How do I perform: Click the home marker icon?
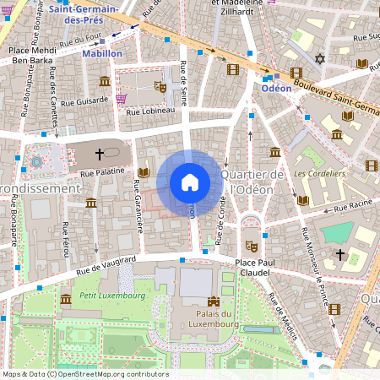190,182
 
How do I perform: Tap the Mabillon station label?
102,53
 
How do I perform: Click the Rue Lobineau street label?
151,109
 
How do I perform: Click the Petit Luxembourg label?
112,296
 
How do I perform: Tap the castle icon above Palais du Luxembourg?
214,300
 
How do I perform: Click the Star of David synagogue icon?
319,59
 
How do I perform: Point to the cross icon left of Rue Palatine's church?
100,154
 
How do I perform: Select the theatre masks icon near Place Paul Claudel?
250,245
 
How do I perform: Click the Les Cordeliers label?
320,173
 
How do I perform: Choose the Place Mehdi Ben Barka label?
31,55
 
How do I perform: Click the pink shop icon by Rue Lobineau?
122,99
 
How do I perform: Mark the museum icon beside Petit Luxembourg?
66,299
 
